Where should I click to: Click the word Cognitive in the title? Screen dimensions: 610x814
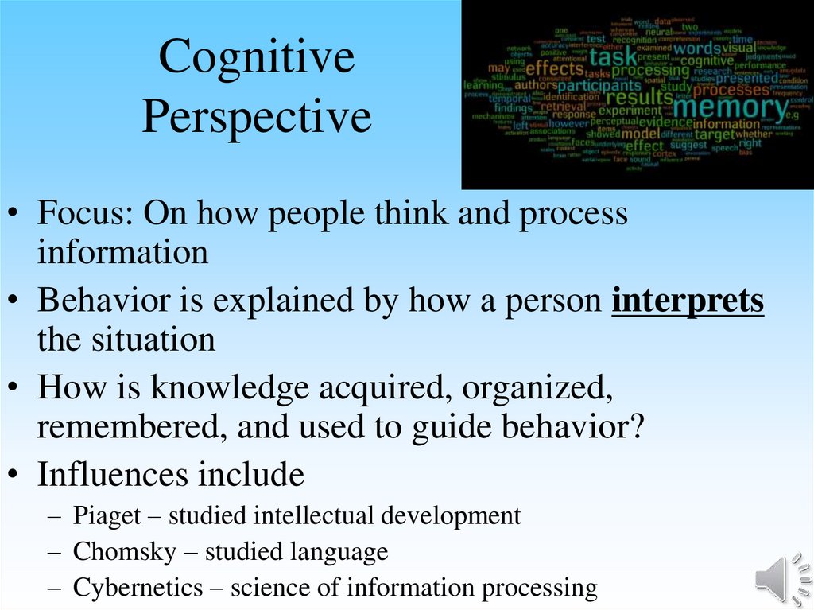[257, 58]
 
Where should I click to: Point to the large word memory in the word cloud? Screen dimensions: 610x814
[731, 106]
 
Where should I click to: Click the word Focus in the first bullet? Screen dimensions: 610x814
[85, 215]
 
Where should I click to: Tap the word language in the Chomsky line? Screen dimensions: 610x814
[343, 551]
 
